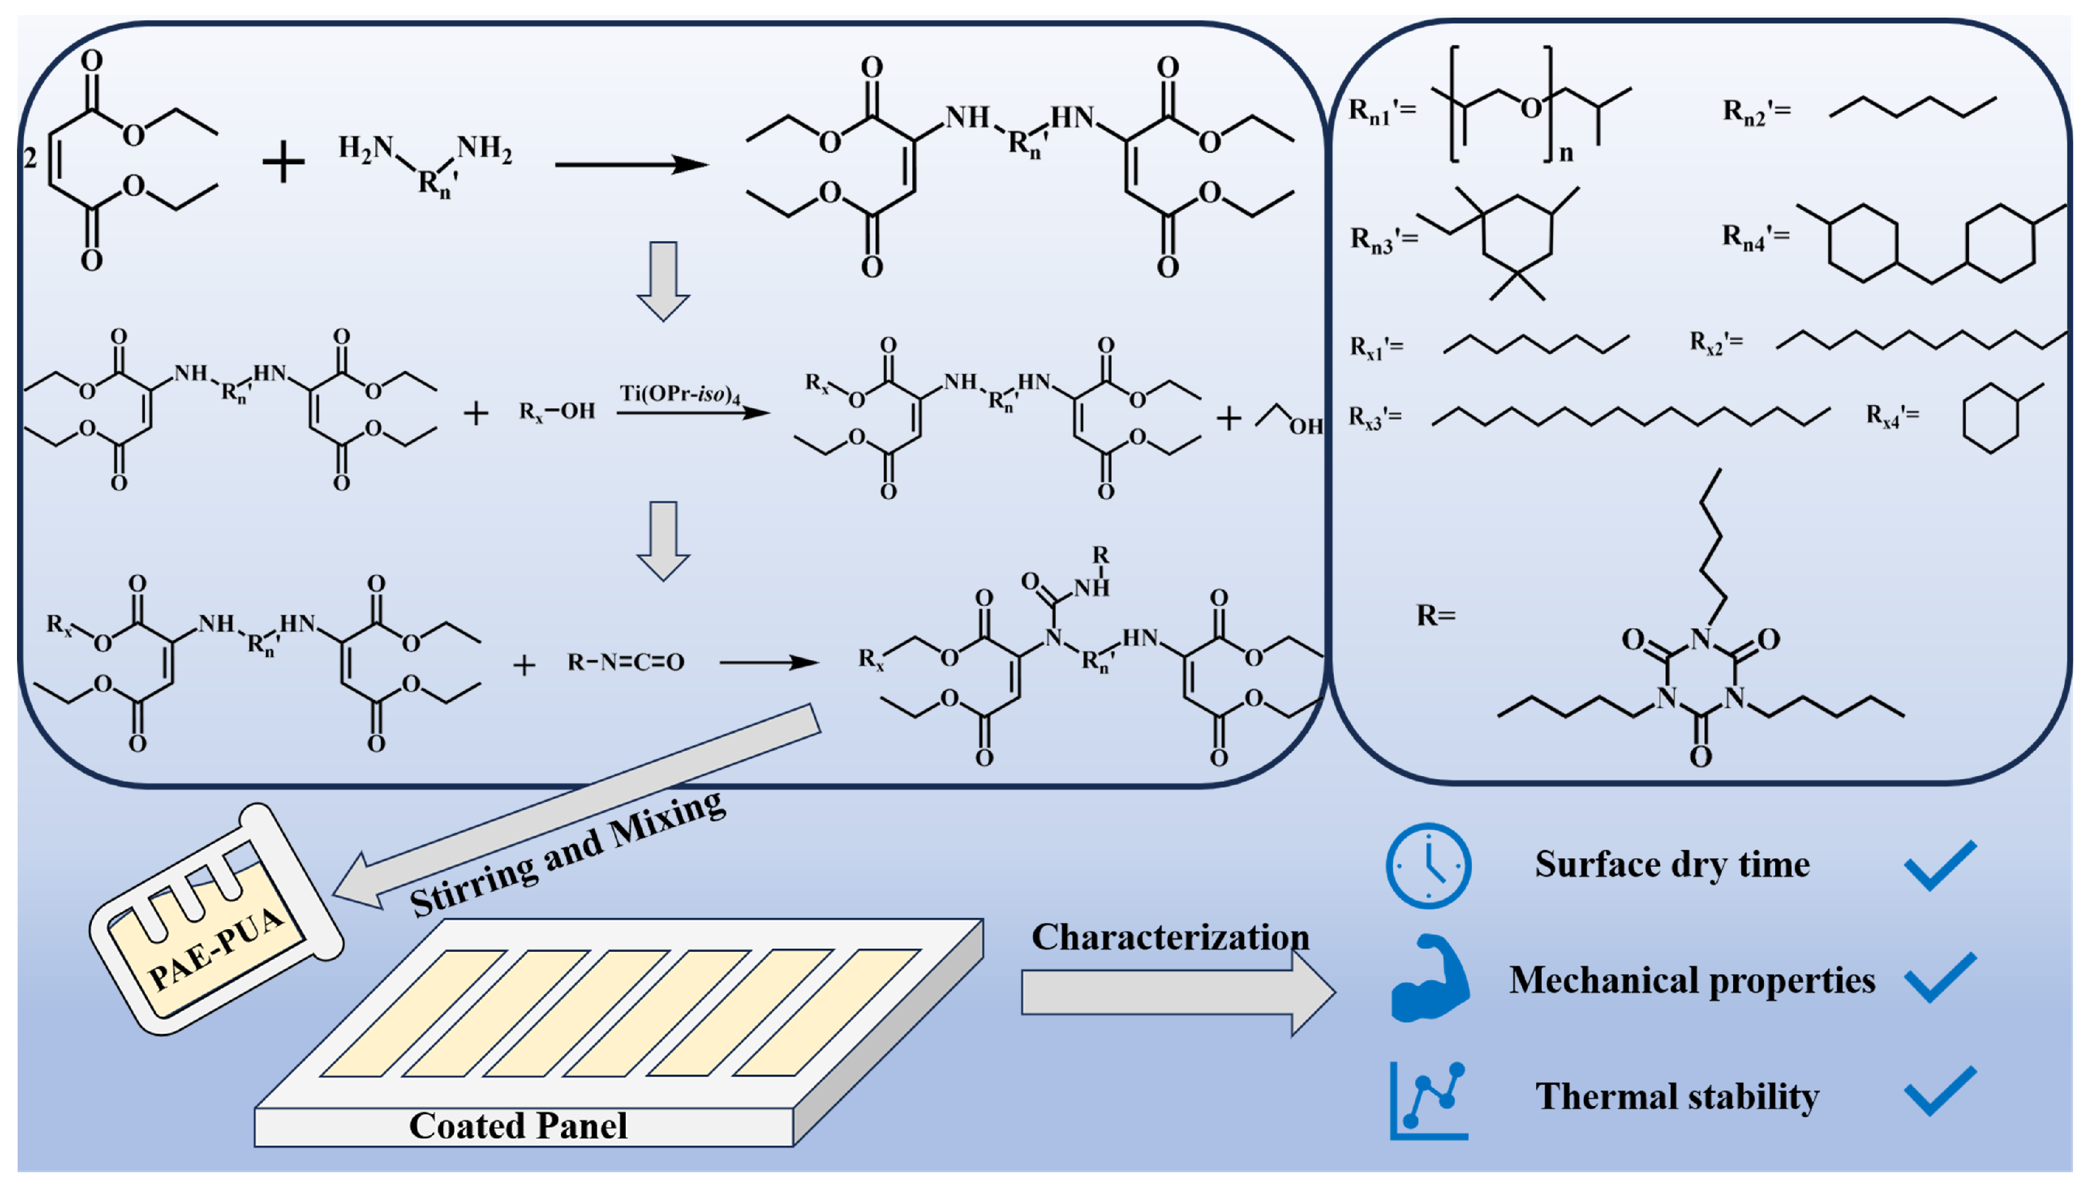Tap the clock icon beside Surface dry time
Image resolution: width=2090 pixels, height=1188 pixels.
click(1428, 865)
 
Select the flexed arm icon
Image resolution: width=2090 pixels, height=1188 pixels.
click(1428, 978)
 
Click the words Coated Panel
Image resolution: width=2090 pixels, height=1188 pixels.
click(518, 1126)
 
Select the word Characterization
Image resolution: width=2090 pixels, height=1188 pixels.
click(1170, 937)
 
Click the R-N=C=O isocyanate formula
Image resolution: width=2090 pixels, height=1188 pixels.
click(626, 662)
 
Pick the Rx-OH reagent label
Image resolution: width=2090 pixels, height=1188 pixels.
click(557, 411)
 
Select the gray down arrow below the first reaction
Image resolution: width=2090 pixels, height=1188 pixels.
click(663, 281)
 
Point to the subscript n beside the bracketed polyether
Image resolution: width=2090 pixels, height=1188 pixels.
click(1566, 152)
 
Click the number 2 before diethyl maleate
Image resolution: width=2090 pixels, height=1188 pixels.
click(30, 157)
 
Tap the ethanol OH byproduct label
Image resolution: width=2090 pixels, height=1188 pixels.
click(1305, 425)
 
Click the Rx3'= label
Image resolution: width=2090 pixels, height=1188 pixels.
click(1375, 418)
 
